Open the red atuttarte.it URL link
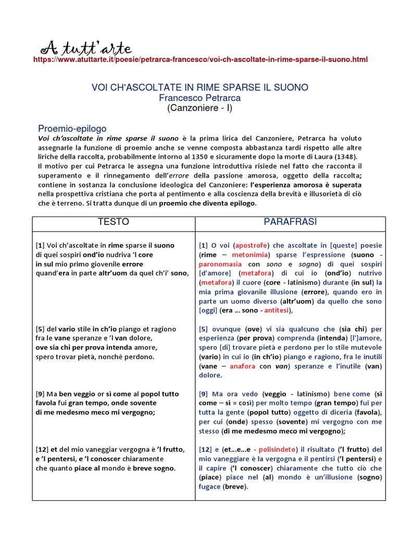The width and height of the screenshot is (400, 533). [200, 60]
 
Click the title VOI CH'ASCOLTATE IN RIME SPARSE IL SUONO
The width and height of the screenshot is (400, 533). [200, 87]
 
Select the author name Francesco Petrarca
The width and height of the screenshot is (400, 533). [200, 97]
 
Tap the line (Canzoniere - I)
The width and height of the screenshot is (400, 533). [200, 108]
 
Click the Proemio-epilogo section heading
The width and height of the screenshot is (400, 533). [72, 128]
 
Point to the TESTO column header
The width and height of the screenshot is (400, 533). [114, 222]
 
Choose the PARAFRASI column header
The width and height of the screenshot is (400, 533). [290, 222]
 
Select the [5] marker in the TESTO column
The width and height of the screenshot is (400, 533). [40, 329]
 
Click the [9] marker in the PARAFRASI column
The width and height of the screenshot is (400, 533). [204, 394]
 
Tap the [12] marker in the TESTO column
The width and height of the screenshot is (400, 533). [42, 449]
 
